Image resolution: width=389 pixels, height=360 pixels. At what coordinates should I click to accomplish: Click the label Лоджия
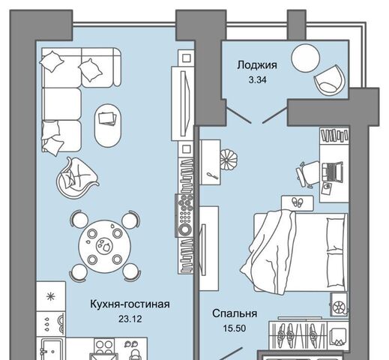click(x=257, y=65)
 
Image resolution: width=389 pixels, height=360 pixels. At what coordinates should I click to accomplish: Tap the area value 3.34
click(x=257, y=80)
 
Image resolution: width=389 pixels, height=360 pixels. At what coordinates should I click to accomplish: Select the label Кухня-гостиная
click(x=130, y=304)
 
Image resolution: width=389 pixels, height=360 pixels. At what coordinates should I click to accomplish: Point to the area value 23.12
click(x=130, y=319)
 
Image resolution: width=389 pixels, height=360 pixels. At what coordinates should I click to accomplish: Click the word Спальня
click(x=235, y=313)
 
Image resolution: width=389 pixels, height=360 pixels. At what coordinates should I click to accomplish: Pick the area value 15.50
click(x=235, y=328)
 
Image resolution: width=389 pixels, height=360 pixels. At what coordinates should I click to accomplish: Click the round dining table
click(x=105, y=246)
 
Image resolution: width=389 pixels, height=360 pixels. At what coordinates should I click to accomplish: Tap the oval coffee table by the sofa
click(x=108, y=125)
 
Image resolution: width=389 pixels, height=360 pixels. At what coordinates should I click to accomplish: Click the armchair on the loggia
click(x=329, y=80)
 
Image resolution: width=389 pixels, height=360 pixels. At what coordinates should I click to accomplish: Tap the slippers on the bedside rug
click(x=298, y=201)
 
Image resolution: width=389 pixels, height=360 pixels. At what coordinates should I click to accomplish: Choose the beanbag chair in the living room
click(x=76, y=178)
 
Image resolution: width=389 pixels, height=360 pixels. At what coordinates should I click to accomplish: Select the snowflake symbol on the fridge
click(x=51, y=296)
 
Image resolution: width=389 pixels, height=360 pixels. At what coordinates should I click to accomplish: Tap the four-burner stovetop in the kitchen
click(x=104, y=346)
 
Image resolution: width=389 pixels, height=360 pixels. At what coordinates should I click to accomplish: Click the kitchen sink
click(x=51, y=349)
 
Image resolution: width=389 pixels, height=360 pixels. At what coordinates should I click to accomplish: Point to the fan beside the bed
click(x=339, y=305)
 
